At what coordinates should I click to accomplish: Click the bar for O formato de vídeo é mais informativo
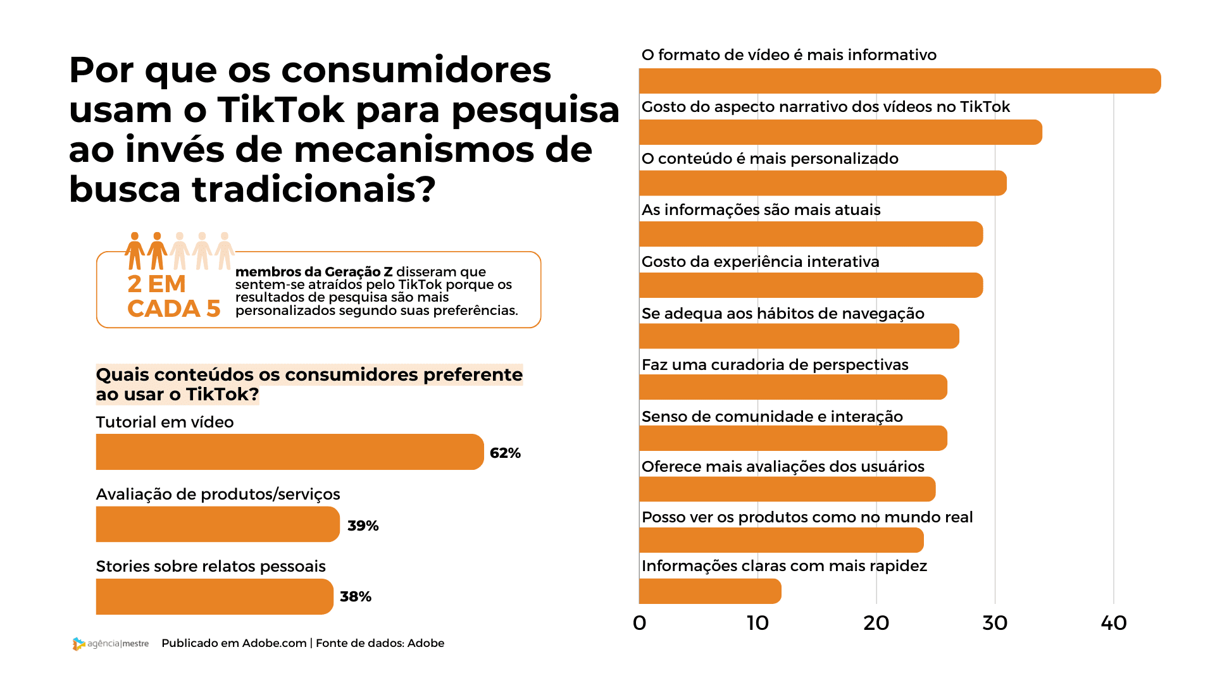coord(899,81)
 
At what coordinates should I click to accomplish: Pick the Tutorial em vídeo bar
coord(289,452)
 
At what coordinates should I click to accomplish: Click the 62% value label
coord(505,453)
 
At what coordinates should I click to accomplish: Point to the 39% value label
coord(363,526)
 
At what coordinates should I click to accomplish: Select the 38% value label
coord(355,596)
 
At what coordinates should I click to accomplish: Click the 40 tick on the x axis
coord(1113,623)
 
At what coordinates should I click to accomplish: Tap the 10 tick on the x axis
coord(757,623)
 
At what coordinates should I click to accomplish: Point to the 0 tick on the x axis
coord(639,623)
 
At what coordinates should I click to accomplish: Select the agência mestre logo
coord(111,643)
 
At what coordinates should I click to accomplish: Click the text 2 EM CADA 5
coord(173,297)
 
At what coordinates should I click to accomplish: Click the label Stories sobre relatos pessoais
coord(211,566)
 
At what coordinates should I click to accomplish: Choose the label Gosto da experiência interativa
coord(760,261)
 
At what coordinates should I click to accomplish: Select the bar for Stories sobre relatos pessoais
coord(214,596)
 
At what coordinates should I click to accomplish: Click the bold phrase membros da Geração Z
coord(314,272)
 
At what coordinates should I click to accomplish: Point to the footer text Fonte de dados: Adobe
coord(380,643)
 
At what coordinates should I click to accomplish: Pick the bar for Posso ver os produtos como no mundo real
coord(781,540)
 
